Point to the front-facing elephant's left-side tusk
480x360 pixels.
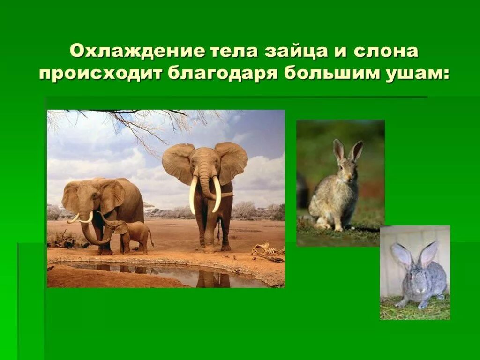[x=193, y=193]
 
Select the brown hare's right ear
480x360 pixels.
[x=356, y=150]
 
